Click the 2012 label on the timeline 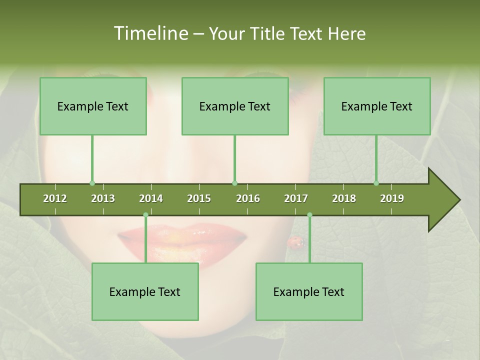55,198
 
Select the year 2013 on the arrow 103,198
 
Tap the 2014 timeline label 151,198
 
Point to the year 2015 199,198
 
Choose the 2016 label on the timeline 248,198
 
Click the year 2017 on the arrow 296,198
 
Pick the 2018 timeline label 344,198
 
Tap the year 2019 392,198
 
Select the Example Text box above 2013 93,106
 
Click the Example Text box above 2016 235,106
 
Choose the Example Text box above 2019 377,106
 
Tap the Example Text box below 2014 145,291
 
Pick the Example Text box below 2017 309,291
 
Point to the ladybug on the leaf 295,242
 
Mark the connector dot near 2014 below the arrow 145,215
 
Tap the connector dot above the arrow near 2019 376,183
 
